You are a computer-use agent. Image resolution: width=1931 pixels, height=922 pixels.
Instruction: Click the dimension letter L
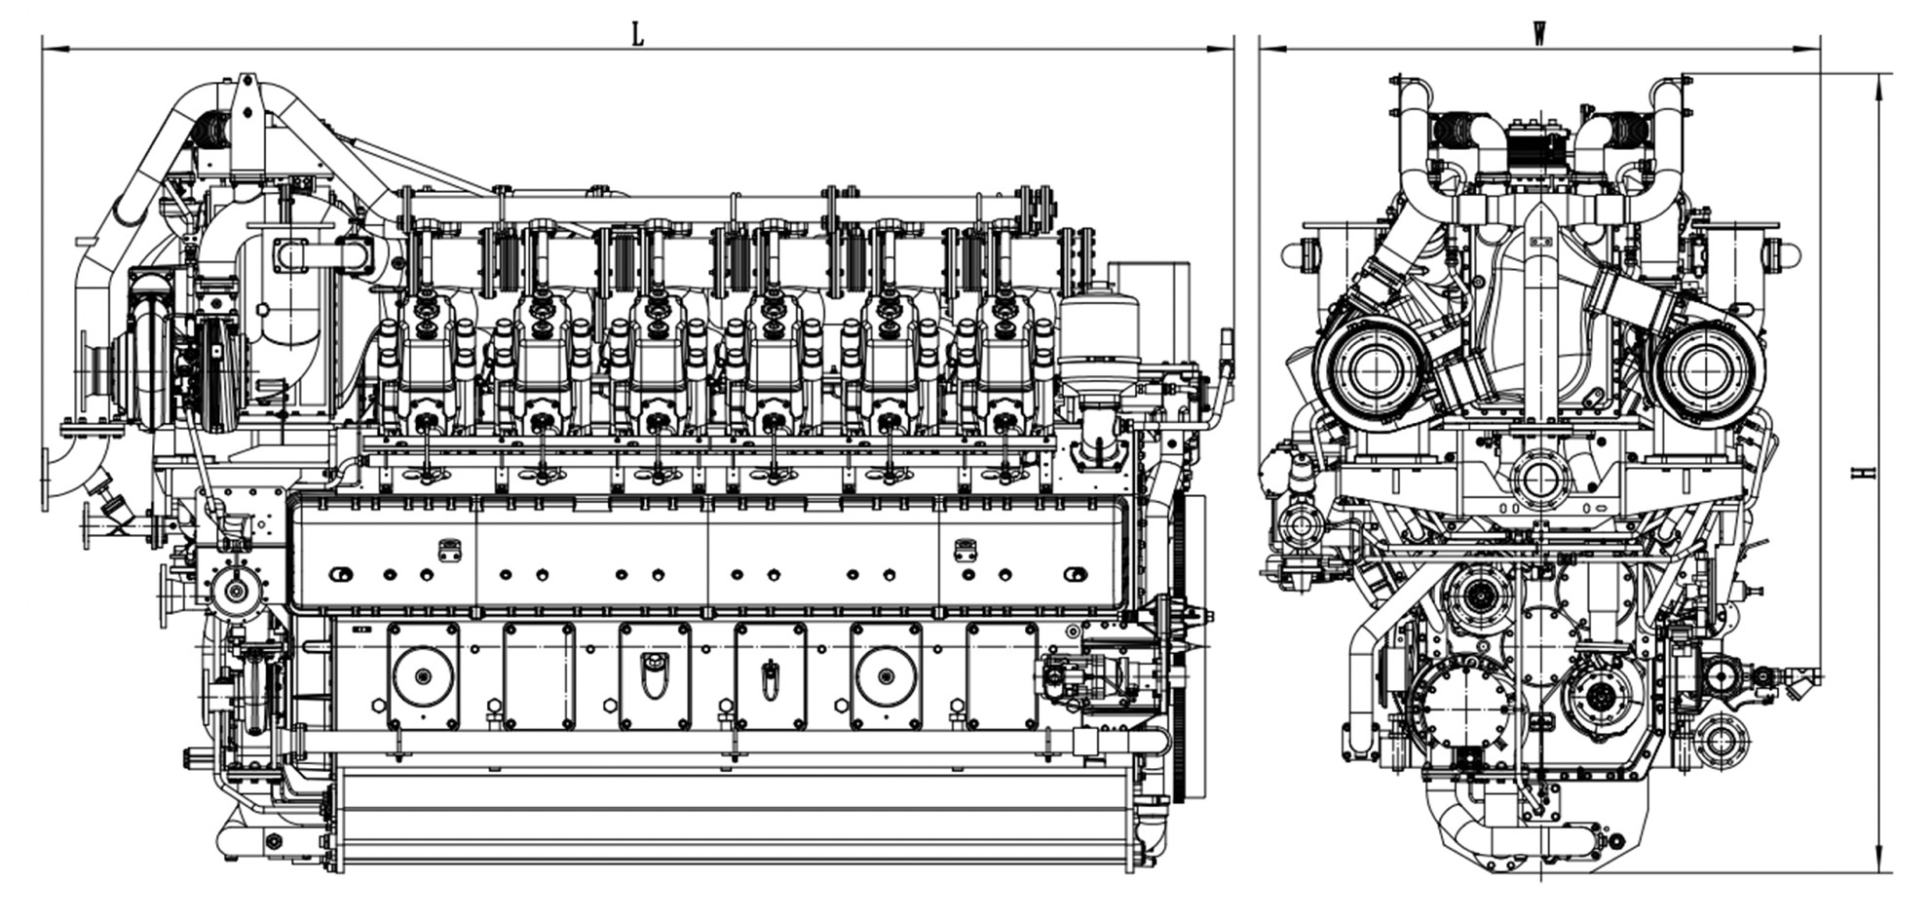pos(637,35)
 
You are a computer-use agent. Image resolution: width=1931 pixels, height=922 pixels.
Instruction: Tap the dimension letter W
pos(1539,35)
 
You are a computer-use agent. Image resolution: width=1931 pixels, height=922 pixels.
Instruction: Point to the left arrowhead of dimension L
pos(55,48)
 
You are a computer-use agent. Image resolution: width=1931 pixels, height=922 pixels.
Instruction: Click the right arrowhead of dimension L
pos(1222,48)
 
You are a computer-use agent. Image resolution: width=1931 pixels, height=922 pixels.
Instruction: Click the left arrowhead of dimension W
pos(1271,48)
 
